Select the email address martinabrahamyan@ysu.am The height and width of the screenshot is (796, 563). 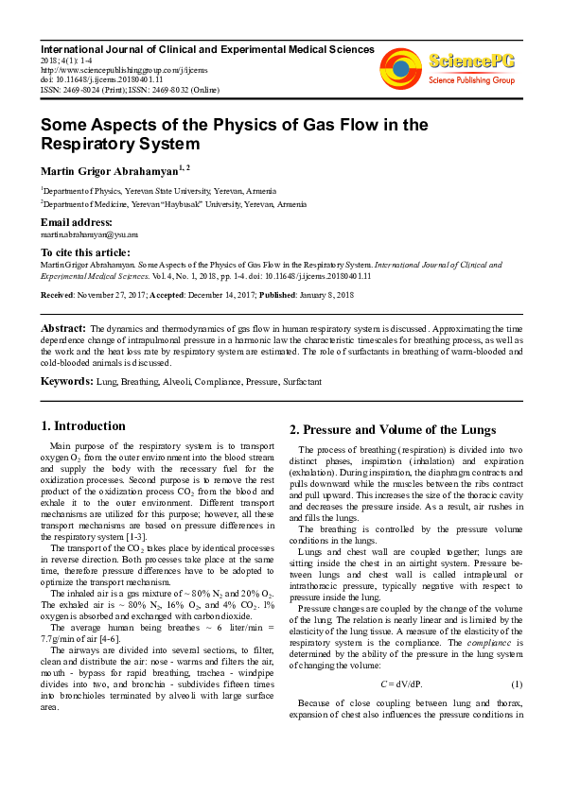[89, 234]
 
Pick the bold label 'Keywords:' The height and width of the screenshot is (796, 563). [66, 381]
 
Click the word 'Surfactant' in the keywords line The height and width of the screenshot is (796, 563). [300, 382]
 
